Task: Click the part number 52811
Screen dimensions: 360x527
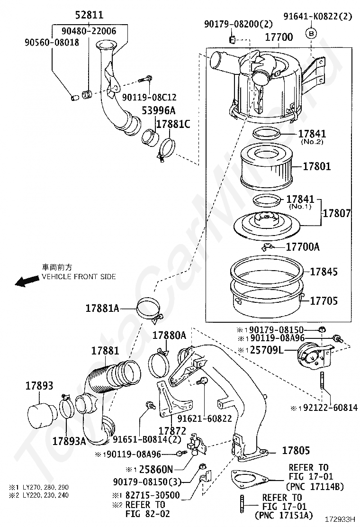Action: click(90, 14)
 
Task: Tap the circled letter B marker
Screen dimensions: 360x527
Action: click(311, 33)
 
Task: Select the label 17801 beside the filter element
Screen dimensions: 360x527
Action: click(317, 166)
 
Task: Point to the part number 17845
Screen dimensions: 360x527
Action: click(324, 272)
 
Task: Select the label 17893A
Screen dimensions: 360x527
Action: click(69, 441)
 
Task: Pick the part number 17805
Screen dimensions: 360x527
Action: click(296, 450)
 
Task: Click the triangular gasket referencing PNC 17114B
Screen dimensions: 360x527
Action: click(250, 480)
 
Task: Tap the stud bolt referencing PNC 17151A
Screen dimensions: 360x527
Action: click(242, 504)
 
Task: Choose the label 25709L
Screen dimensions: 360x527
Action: click(267, 350)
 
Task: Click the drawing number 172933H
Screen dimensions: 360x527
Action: click(340, 519)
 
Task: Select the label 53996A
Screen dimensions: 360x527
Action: click(159, 110)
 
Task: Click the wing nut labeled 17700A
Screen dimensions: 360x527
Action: click(269, 247)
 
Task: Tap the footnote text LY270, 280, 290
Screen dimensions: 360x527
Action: click(45, 487)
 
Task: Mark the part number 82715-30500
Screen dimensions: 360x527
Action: click(153, 495)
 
